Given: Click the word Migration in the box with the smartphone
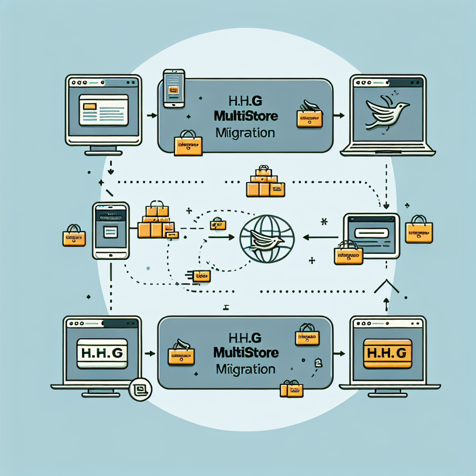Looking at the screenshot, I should coord(245,133).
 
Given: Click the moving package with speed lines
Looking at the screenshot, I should coord(198,276).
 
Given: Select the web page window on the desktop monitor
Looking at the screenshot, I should coord(103,110).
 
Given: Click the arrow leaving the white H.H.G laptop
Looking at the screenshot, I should coord(150,354).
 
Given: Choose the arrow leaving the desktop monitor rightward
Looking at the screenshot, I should coord(151,115).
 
